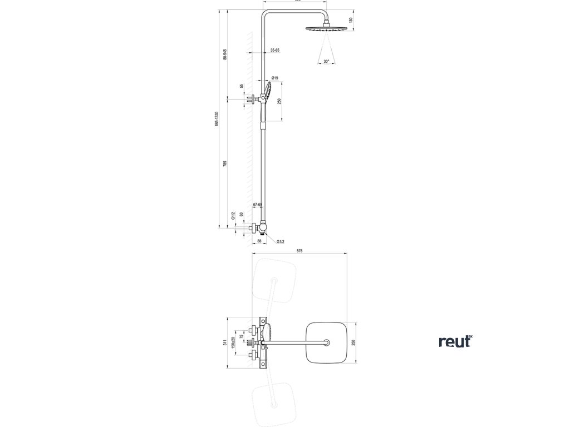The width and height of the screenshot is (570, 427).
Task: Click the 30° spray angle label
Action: (x=326, y=62)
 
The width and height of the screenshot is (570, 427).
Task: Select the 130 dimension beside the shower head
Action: (x=351, y=20)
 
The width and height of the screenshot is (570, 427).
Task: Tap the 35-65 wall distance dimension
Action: (x=275, y=50)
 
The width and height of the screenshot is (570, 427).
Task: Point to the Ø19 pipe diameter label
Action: (x=274, y=78)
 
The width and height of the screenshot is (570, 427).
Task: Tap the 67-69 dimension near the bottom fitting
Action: (x=257, y=205)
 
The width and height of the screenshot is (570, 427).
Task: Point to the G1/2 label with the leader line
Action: (x=281, y=242)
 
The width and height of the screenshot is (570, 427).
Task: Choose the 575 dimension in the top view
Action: (x=299, y=252)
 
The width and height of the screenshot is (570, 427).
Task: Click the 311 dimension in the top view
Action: (x=225, y=342)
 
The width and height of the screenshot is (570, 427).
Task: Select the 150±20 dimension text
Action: (x=233, y=342)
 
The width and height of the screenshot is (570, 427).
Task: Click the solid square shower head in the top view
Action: (x=327, y=342)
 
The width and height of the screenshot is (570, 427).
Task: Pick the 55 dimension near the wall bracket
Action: (x=242, y=86)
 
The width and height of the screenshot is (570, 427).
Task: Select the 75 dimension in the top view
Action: (x=241, y=336)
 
